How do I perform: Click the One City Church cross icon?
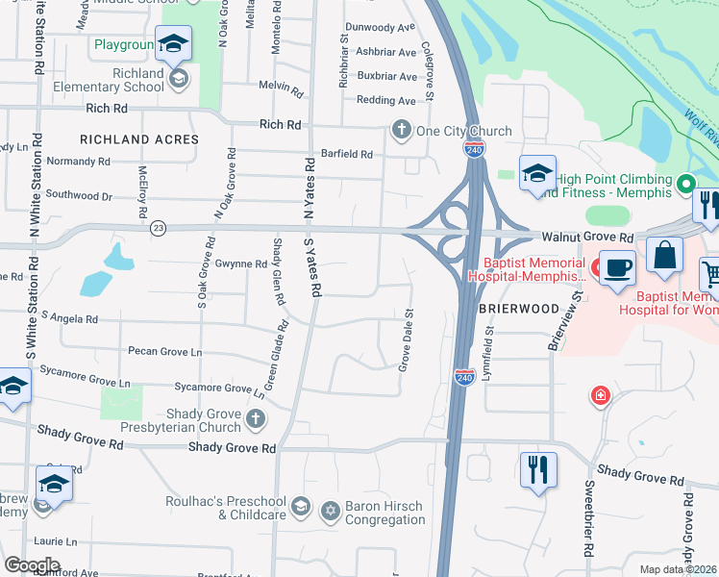pos(400,130)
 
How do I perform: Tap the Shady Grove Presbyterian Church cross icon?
pos(256,418)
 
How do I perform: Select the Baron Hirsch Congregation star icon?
pos(331,509)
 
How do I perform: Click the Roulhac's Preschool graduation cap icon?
pos(301,506)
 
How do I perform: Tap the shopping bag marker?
pos(663,256)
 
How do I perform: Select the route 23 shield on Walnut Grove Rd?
pos(158,227)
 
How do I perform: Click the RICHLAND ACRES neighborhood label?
pos(139,139)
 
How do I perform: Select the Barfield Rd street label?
pos(346,154)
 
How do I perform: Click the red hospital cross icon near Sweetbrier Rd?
pos(601,395)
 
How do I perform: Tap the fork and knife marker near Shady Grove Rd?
pos(537,471)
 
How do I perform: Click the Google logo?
pos(32,565)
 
